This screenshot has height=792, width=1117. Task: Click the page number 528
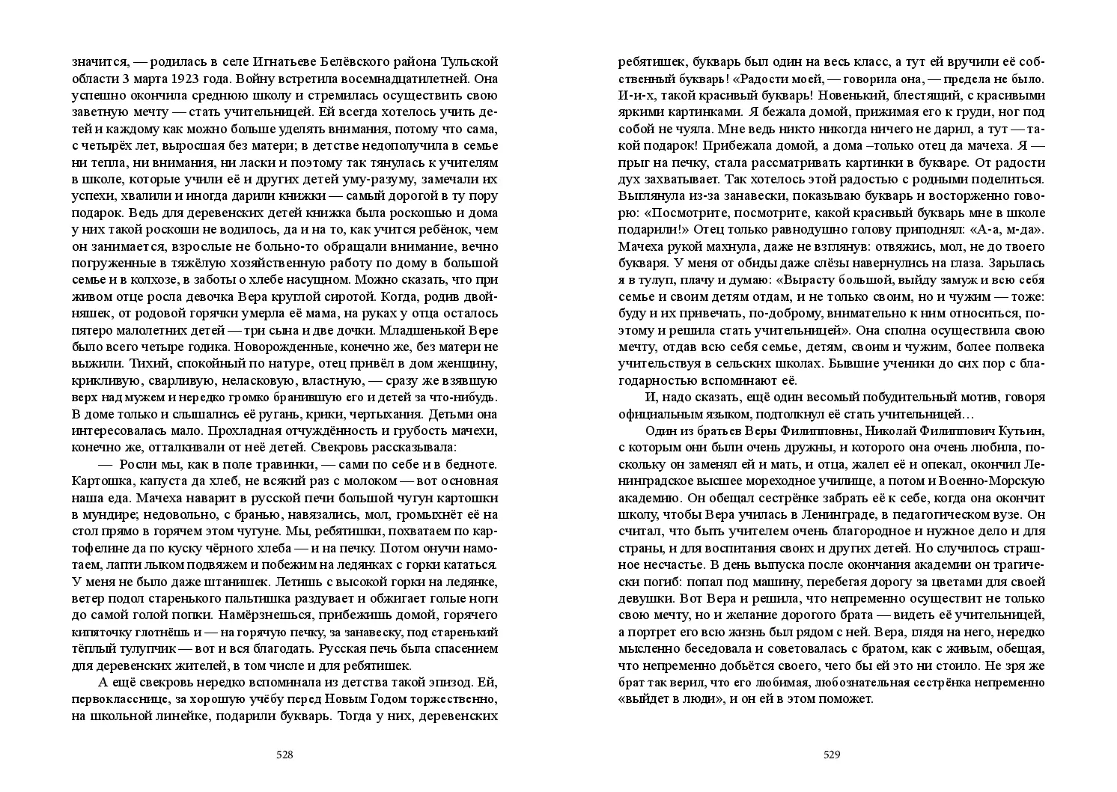coord(284,755)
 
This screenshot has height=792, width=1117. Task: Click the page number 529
coord(832,755)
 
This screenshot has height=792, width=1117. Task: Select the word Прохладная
coord(249,431)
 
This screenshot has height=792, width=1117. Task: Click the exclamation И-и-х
coord(636,95)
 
